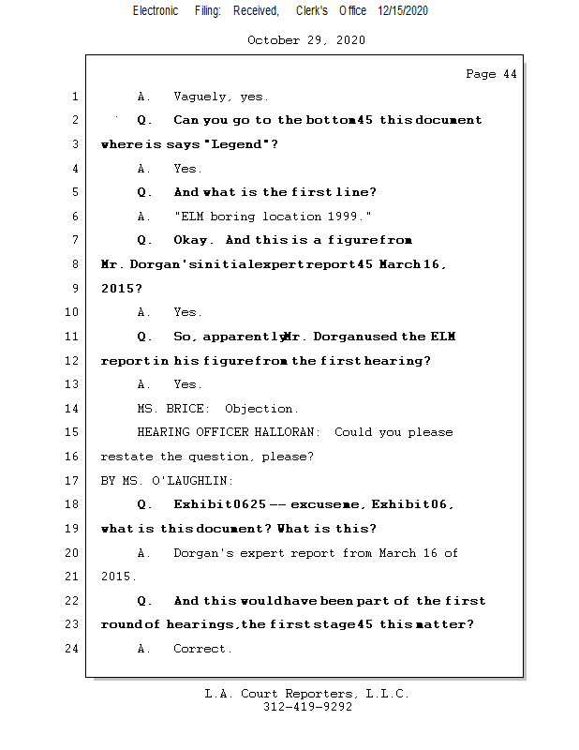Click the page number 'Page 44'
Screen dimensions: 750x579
(x=491, y=74)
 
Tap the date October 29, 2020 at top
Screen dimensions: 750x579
(x=306, y=40)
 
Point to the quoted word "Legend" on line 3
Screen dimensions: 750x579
(x=241, y=144)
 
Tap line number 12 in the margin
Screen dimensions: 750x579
(x=73, y=361)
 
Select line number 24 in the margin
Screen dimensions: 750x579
(x=73, y=649)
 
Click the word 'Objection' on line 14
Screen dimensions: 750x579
(x=261, y=409)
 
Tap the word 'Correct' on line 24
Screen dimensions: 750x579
(x=201, y=649)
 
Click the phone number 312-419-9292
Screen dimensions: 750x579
(x=307, y=707)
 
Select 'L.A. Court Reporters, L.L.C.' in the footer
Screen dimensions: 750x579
(x=307, y=694)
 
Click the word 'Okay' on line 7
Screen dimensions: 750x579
(x=194, y=241)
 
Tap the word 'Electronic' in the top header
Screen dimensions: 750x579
(x=156, y=11)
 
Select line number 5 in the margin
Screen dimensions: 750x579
(x=73, y=192)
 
